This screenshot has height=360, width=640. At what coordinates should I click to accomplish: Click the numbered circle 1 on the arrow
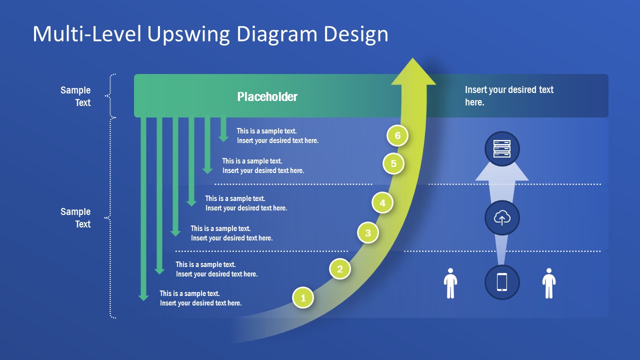tap(303, 298)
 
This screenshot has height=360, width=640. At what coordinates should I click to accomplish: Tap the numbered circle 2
tap(340, 269)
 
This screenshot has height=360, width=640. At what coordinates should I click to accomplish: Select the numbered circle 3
tap(368, 232)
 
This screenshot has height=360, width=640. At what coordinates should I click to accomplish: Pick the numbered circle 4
tap(382, 203)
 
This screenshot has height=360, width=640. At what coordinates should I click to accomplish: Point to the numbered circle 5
tap(393, 163)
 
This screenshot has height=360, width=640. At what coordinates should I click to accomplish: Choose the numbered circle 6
tap(397, 135)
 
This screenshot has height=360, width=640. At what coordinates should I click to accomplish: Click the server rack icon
tap(502, 148)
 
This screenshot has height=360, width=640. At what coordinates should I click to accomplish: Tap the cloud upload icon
tap(502, 218)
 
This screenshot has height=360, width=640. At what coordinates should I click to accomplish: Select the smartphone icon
tap(502, 282)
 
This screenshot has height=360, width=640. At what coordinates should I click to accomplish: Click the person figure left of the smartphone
tap(450, 283)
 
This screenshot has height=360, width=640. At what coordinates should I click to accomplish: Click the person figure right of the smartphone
tap(549, 283)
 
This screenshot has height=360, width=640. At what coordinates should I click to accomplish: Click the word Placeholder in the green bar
tap(267, 96)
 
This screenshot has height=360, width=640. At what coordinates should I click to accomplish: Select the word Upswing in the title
tap(190, 34)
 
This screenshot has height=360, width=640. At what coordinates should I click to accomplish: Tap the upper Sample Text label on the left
tap(75, 96)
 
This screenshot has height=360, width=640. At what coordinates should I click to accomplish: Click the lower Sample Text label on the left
tap(75, 217)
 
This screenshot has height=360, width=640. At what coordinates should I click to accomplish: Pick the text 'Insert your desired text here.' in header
tap(509, 95)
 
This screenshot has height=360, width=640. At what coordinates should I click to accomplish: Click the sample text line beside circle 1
tap(200, 298)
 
